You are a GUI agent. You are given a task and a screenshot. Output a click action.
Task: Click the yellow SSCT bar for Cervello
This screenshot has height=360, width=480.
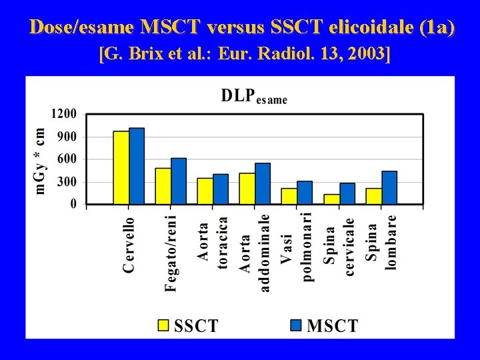click(x=121, y=167)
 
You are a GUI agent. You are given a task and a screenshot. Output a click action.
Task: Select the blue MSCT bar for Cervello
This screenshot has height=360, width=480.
click(x=137, y=166)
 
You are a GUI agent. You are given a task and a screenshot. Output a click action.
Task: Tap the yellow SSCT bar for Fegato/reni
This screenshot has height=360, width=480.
click(x=163, y=186)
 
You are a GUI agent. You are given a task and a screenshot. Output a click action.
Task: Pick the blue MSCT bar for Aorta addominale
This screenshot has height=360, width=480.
click(x=263, y=183)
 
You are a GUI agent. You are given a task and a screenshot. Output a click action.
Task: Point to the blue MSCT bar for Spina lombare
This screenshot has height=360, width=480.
click(x=389, y=187)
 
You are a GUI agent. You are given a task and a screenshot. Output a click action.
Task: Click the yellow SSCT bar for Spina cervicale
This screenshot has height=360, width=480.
click(x=331, y=199)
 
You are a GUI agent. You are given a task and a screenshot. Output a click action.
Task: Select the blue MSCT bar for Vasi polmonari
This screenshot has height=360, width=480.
click(x=305, y=192)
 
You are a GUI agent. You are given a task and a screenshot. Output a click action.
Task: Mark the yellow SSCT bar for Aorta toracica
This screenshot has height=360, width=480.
click(x=205, y=191)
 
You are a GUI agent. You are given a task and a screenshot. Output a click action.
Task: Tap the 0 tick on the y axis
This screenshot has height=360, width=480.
click(x=73, y=204)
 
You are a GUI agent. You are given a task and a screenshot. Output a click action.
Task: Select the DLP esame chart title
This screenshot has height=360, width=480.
click(x=254, y=96)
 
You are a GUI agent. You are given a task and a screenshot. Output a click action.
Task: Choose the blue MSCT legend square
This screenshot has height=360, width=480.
click(x=297, y=325)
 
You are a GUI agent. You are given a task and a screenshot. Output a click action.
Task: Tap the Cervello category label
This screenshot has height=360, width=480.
click(x=129, y=245)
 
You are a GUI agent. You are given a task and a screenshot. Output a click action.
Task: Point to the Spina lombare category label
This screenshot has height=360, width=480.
click(x=381, y=241)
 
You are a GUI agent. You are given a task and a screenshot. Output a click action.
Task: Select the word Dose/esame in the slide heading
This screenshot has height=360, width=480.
click(x=83, y=27)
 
